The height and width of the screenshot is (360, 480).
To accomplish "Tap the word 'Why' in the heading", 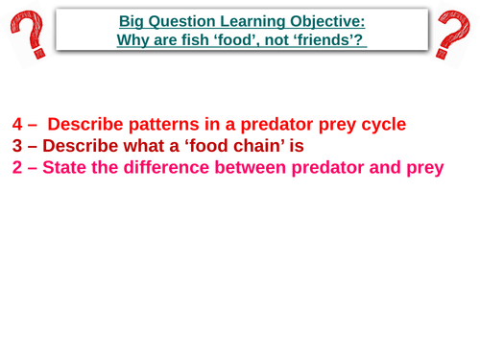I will point(133,40).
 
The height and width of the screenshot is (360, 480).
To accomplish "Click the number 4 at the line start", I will point(18,124).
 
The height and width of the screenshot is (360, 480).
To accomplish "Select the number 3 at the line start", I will point(18,146).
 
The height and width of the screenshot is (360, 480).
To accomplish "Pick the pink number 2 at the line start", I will point(18,168).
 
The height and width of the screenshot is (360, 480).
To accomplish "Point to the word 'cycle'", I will point(380,124).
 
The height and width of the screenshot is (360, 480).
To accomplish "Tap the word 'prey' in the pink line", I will point(423,168).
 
